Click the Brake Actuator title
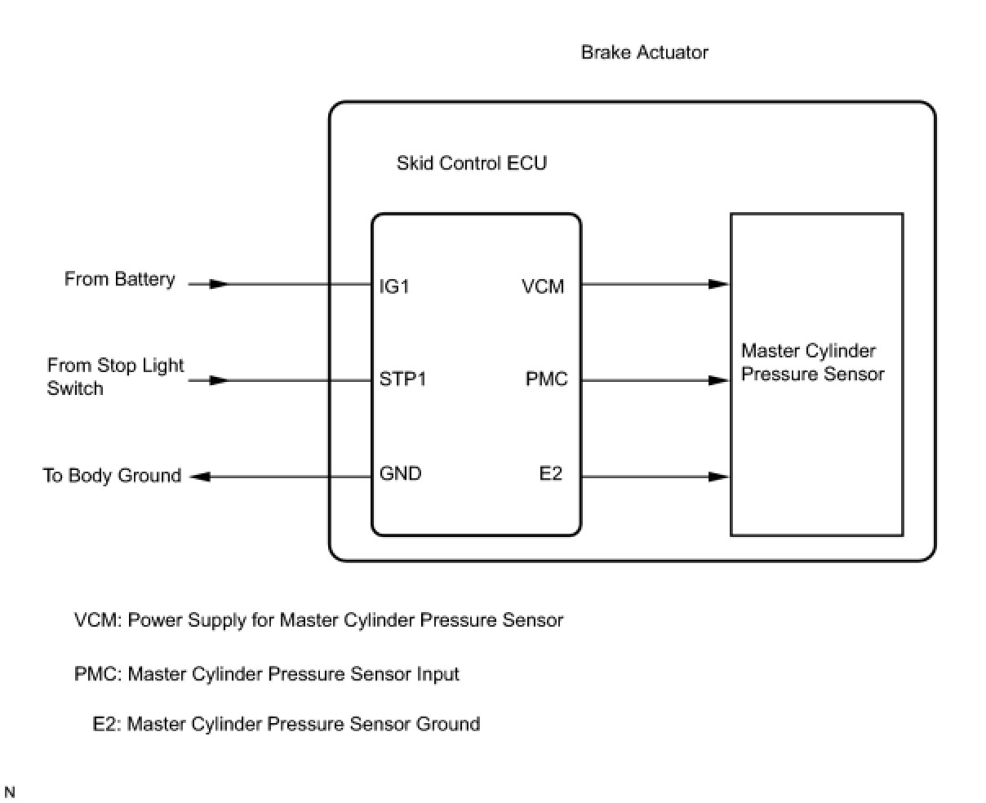pos(644,52)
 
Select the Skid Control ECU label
pos(471,163)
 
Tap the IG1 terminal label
pos(394,286)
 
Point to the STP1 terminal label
pos(402,379)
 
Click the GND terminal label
pos(400,474)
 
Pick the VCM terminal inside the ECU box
pos(543,286)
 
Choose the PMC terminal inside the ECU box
pos(546,379)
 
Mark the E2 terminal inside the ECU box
pos(551,474)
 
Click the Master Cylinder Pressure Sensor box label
pos(812,362)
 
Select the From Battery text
pos(119,279)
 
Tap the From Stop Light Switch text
pos(115,376)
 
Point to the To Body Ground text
pos(112,476)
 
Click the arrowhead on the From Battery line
pos(218,284)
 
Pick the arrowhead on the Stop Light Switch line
pos(218,380)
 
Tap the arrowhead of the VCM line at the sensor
pos(718,284)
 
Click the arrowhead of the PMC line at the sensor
pos(718,380)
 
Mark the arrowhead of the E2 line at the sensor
pos(718,477)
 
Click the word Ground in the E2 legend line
pos(448,724)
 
